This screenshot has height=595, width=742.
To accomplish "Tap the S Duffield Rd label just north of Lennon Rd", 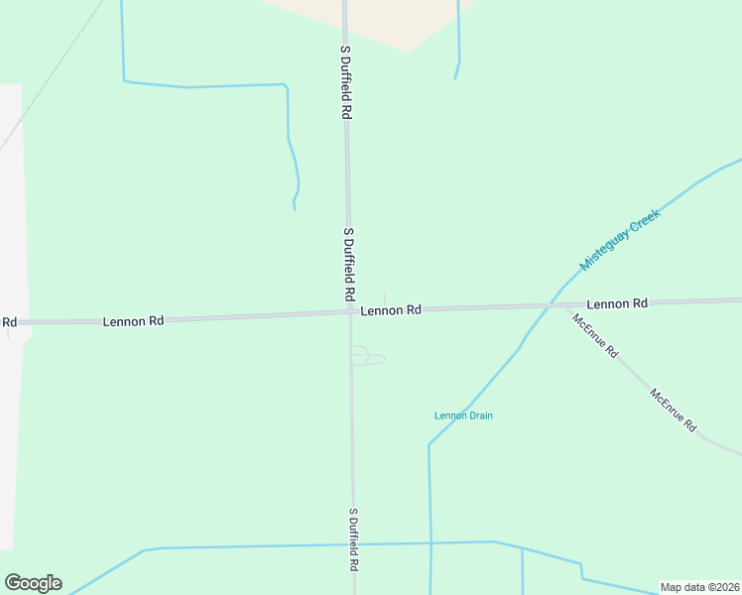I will coord(348,265).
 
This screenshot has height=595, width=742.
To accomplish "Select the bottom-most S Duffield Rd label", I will coord(353,540).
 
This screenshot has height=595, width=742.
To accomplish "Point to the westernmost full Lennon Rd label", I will coord(132,322).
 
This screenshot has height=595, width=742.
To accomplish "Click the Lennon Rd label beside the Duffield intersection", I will coord(391,310).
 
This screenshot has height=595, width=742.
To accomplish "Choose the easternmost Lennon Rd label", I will coord(616,303).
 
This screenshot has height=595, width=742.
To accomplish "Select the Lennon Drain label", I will coord(463,416).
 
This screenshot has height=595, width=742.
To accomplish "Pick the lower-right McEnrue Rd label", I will coord(675,408).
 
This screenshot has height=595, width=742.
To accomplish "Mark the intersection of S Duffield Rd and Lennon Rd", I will coord(350,312).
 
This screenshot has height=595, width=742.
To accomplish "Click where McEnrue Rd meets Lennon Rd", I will coord(566,306).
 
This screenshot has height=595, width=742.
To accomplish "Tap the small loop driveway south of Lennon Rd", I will coord(367,356).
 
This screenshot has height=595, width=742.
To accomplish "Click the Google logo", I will coord(33,583).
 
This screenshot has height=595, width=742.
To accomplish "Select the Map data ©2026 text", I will coord(699,587).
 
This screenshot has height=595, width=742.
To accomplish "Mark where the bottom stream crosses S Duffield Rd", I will coord(353,544).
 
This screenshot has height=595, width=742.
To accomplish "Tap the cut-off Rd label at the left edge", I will coord(9,322).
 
